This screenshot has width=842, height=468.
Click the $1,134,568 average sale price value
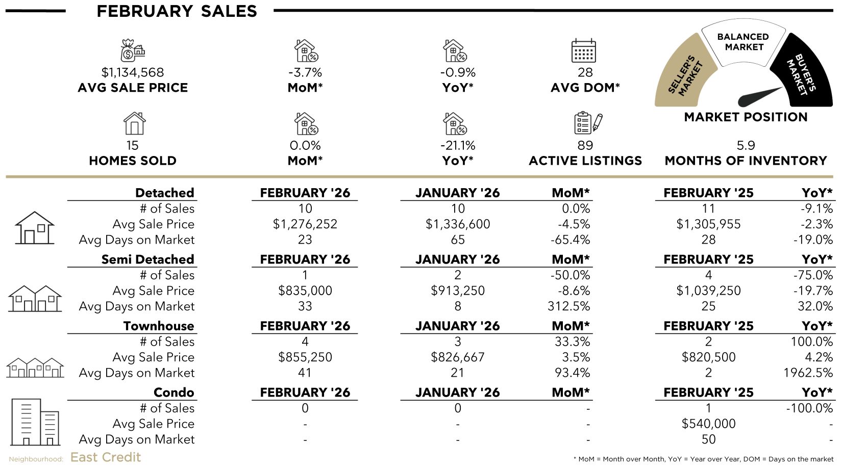(x=133, y=72)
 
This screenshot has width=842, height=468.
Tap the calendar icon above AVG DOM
(x=584, y=50)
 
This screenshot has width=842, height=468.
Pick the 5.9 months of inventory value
(x=746, y=145)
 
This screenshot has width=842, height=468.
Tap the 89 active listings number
(x=585, y=145)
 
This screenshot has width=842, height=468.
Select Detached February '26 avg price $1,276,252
(x=305, y=224)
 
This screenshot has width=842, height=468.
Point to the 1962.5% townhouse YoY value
(x=808, y=373)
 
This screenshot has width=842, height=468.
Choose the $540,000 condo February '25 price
(x=708, y=424)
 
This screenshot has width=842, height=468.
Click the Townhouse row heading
(x=159, y=326)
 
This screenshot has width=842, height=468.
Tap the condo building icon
(x=35, y=422)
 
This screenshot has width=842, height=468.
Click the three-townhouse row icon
(x=35, y=367)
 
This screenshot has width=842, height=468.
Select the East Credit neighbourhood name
(x=106, y=457)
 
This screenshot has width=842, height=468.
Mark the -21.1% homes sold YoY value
(x=457, y=145)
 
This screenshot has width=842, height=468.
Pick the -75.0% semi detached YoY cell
(x=812, y=275)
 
